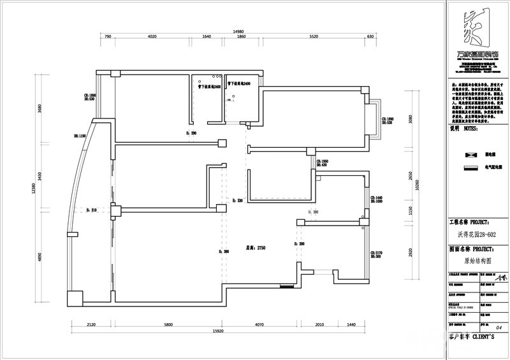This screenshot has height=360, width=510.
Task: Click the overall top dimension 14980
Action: (239, 31)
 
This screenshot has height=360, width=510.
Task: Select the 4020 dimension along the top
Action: (152, 38)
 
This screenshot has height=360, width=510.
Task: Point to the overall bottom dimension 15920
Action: (221, 332)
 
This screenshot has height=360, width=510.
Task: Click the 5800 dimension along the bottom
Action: (168, 325)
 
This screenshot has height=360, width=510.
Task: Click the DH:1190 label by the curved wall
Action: (80, 136)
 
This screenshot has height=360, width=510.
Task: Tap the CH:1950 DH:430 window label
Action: (323, 164)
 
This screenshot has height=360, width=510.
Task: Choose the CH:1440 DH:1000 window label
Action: (376, 200)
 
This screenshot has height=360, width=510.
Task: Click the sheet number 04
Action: (499, 328)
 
